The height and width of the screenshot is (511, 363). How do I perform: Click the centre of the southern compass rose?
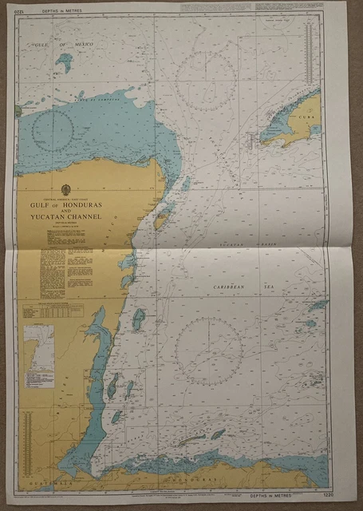pyautogui.click(x=209, y=351)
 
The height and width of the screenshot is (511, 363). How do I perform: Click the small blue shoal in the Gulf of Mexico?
pyautogui.click(x=65, y=63)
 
